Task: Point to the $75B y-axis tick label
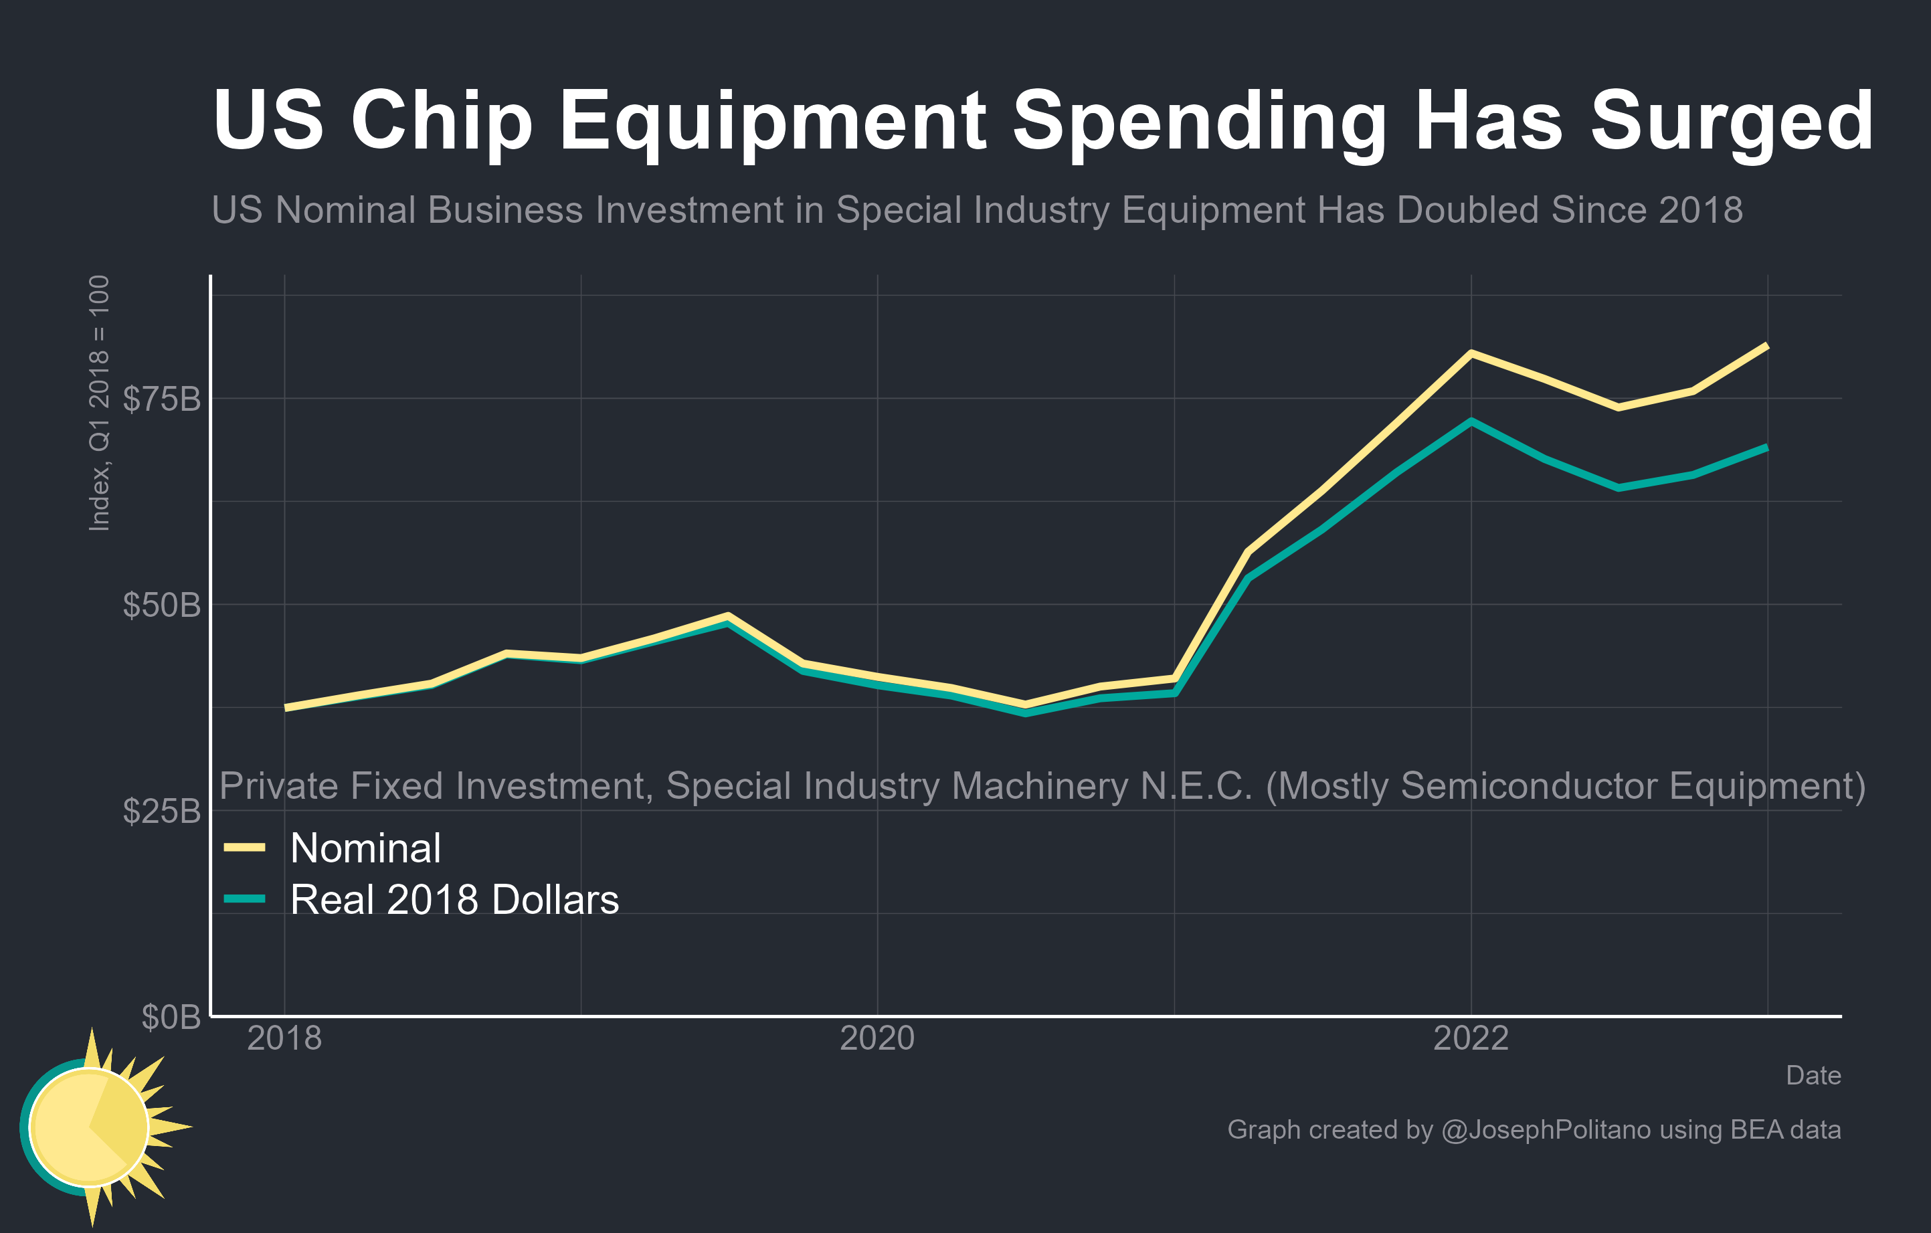point(161,399)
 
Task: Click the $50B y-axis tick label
point(161,605)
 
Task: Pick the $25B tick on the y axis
point(161,810)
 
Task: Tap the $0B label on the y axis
point(171,1016)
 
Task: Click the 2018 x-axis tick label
point(284,1038)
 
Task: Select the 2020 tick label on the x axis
point(877,1038)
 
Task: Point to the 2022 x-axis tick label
point(1471,1038)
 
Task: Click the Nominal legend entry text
point(365,848)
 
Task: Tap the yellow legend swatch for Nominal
point(245,848)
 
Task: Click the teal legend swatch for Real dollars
point(245,898)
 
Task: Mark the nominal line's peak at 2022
point(1471,353)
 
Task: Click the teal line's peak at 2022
point(1471,421)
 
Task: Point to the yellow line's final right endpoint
point(1766,345)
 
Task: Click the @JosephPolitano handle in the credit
point(1546,1129)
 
